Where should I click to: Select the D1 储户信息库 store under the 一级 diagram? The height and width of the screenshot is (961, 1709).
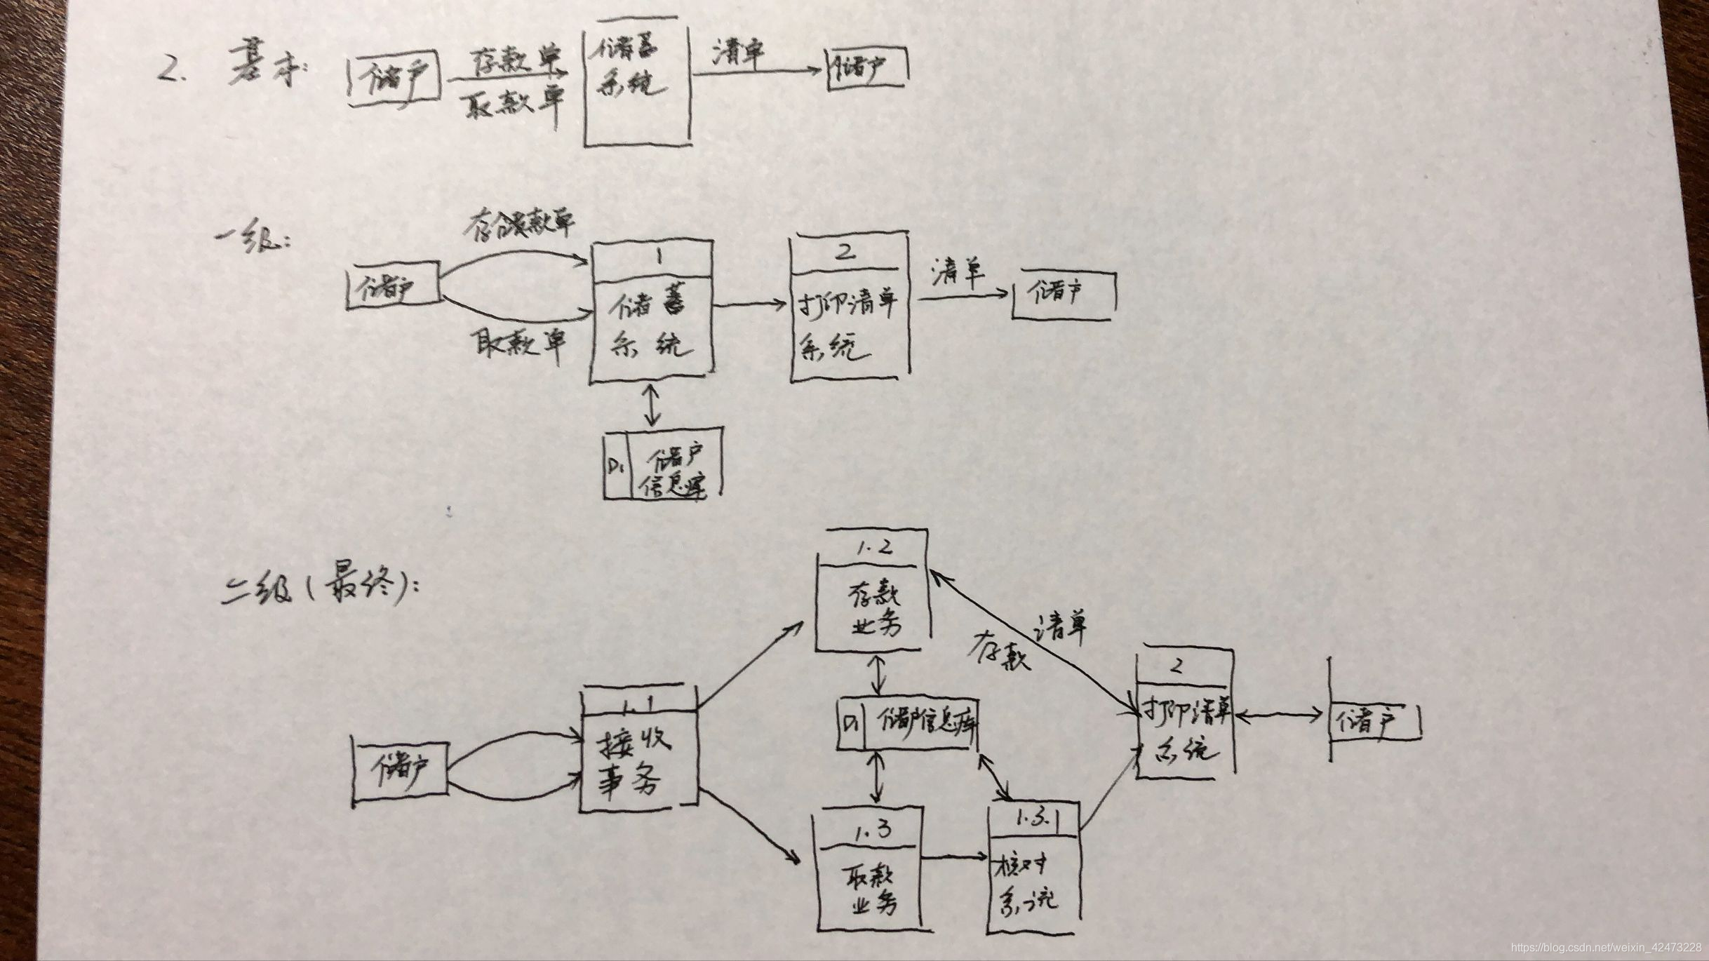(x=662, y=464)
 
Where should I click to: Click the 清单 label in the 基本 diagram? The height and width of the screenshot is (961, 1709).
(x=739, y=53)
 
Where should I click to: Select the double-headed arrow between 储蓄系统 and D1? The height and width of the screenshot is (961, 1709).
(x=653, y=405)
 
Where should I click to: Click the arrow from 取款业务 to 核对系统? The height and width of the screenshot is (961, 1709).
(x=953, y=856)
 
